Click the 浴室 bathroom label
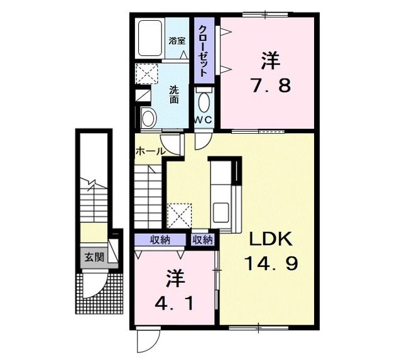click(x=177, y=41)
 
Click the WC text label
click(x=202, y=119)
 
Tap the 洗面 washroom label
click(x=173, y=94)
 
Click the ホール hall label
click(x=150, y=151)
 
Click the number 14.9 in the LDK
click(x=271, y=265)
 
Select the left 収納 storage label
click(x=160, y=239)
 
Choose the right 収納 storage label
click(x=203, y=239)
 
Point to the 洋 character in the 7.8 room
click(x=271, y=61)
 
